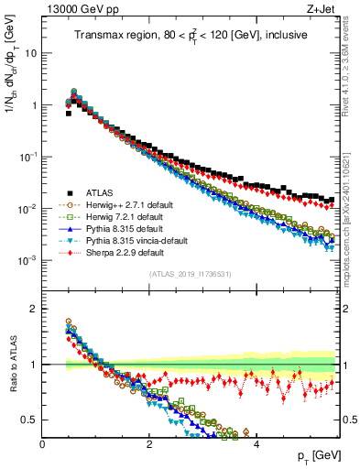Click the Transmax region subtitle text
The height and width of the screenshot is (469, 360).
pyautogui.click(x=191, y=35)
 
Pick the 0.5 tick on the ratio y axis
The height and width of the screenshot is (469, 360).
pyautogui.click(x=30, y=420)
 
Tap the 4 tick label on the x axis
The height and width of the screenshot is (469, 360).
pyautogui.click(x=256, y=442)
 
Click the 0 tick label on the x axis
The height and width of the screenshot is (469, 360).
pyautogui.click(x=43, y=442)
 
